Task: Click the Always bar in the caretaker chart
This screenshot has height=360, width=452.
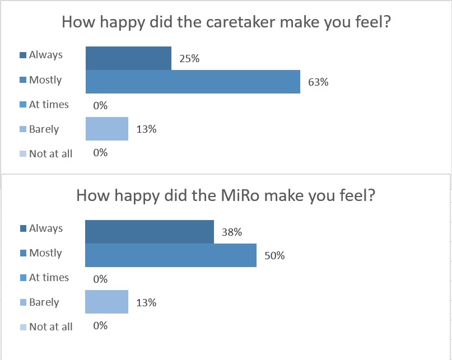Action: [x=128, y=58]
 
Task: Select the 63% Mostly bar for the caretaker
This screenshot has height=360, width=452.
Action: [x=193, y=82]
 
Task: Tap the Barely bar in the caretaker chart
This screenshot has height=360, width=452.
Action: [x=106, y=129]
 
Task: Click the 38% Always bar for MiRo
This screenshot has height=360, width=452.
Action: [x=149, y=232]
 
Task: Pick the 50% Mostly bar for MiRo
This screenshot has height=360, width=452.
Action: [x=170, y=255]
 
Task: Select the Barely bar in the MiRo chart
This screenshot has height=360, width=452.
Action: [x=106, y=302]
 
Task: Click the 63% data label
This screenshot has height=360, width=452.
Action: [x=318, y=82]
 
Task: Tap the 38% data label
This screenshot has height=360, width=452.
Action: [x=232, y=232]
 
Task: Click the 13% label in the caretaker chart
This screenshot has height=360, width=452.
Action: [x=146, y=129]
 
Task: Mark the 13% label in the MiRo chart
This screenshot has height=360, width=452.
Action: [x=146, y=302]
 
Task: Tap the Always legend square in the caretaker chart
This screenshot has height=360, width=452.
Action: [x=23, y=55]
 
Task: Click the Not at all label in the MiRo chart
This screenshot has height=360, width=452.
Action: [x=50, y=326]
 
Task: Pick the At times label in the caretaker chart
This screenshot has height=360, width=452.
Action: [x=49, y=105]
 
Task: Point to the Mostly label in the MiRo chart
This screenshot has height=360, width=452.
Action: [x=45, y=253]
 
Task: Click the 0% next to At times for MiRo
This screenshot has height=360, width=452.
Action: [x=100, y=279]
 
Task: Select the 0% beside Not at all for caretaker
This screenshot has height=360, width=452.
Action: [x=100, y=152]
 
